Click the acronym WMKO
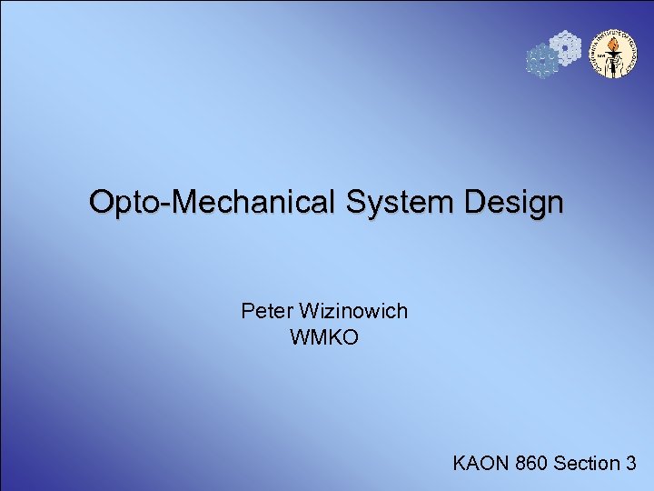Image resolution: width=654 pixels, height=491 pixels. [324, 338]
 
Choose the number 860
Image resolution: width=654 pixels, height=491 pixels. [530, 464]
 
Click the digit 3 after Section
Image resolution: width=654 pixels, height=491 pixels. [629, 464]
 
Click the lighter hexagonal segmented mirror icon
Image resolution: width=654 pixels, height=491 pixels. [565, 47]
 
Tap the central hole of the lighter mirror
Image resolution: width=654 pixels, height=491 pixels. [565, 47]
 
